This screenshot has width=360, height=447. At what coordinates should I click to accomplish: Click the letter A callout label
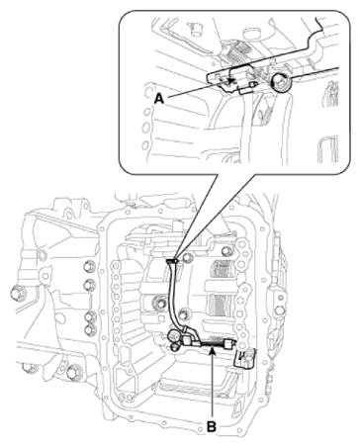pos(160,98)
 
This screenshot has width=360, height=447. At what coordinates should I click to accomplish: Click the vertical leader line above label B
pos(212,386)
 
